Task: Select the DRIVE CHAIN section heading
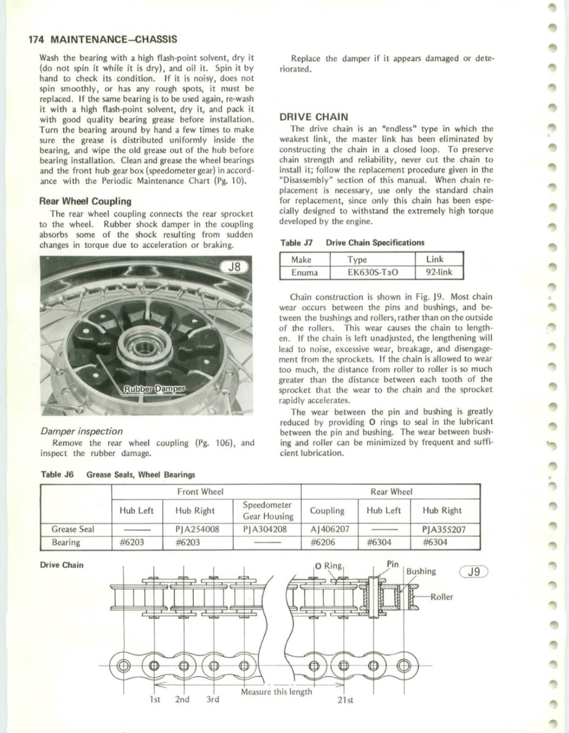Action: click(314, 117)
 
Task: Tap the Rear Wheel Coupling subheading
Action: click(85, 201)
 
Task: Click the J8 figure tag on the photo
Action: click(235, 267)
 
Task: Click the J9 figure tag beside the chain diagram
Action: click(472, 572)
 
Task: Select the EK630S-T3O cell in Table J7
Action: click(372, 272)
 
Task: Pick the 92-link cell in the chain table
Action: click(439, 272)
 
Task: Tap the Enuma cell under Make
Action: click(304, 272)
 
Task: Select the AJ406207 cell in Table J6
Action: click(329, 529)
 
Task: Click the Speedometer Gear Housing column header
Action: click(268, 511)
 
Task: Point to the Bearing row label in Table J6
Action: click(65, 542)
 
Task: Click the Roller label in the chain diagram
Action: click(441, 597)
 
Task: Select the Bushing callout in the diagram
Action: click(421, 571)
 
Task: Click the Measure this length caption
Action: click(276, 691)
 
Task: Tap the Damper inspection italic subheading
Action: click(81, 431)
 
